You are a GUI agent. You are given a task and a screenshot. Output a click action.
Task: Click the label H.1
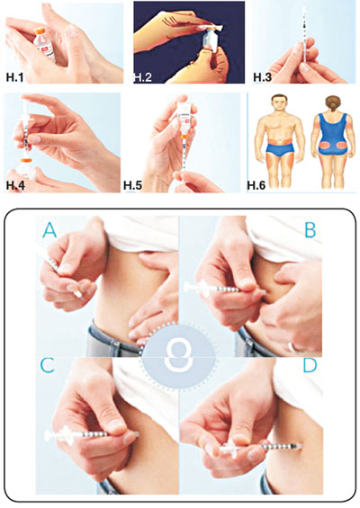(x=15, y=78)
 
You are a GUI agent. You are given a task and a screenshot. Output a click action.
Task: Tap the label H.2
(x=143, y=78)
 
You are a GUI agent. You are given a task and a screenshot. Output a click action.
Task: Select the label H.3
(x=263, y=77)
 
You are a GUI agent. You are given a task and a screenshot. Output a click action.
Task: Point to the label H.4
(x=15, y=185)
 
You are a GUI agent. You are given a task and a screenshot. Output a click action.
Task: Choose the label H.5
(x=133, y=185)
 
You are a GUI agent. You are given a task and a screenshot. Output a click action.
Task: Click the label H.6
(x=256, y=185)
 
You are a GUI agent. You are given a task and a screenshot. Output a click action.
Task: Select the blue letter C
(x=47, y=366)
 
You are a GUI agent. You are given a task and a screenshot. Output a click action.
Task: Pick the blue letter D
(x=310, y=366)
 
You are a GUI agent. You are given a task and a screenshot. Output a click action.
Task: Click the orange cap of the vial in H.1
(x=40, y=31)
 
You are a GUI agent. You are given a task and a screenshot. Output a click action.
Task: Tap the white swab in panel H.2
(x=211, y=29)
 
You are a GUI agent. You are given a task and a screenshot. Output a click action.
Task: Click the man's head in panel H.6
(x=280, y=102)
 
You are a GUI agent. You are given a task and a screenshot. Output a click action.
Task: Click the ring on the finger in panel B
(x=292, y=347)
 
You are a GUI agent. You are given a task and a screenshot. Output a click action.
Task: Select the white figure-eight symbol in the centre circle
(x=179, y=357)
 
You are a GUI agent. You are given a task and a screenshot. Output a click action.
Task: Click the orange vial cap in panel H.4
(x=26, y=161)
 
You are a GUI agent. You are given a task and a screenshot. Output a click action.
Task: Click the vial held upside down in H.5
(x=185, y=120)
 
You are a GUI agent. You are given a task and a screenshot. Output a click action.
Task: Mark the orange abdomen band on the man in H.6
(x=279, y=142)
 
